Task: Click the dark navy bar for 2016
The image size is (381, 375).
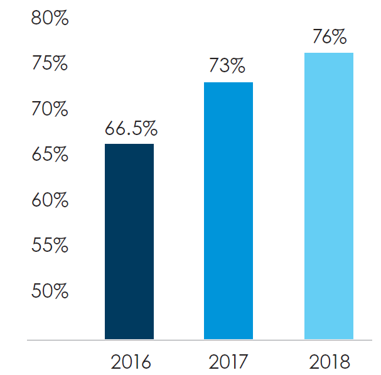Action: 129,241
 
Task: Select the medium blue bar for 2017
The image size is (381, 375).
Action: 228,210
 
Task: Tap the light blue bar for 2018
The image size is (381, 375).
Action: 329,196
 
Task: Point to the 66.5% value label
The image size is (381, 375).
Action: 131,128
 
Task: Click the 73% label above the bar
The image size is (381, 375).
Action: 227,65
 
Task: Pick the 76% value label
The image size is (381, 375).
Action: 330,36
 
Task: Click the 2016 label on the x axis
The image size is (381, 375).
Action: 131,362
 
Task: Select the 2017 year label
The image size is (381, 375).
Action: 228,362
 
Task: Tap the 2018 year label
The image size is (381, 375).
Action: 330,362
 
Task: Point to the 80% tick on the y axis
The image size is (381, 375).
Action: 50,18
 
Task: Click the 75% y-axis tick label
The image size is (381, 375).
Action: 50,63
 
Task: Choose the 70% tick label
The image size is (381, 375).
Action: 50,109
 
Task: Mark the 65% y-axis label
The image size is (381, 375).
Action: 50,154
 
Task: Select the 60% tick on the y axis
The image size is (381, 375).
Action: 50,200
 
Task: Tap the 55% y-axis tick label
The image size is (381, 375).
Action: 50,244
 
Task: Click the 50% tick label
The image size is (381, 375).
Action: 50,291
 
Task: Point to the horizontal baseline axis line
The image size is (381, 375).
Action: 200,340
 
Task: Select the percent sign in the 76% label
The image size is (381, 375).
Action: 338,36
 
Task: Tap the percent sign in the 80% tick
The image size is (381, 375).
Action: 60,18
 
